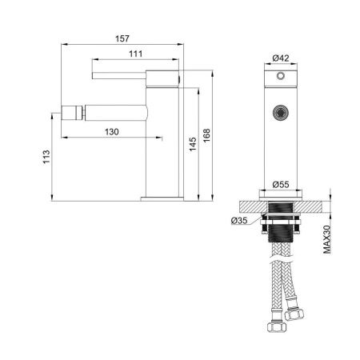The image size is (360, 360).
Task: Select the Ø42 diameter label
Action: (280, 57)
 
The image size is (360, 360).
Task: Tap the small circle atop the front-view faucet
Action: (280, 77)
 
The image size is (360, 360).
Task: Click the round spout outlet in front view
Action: (280, 111)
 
